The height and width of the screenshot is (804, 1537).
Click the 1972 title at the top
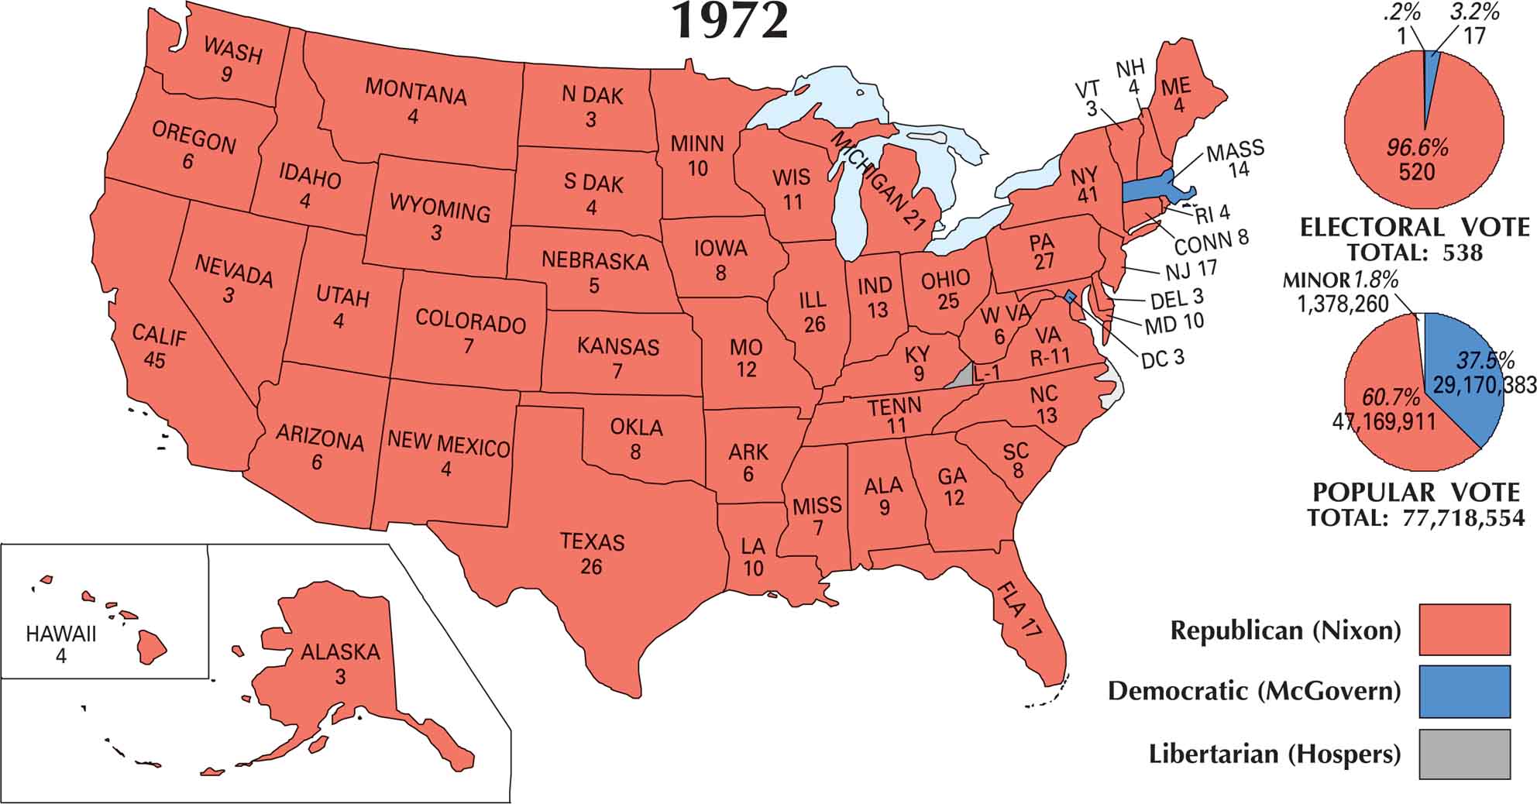pos(731,21)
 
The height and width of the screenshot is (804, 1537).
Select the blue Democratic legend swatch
pos(1464,691)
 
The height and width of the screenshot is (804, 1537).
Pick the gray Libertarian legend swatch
pos(1464,754)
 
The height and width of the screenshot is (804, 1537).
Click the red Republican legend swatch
pos(1464,629)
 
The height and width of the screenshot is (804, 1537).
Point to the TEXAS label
pos(592,542)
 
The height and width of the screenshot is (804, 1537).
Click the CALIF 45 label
pos(158,346)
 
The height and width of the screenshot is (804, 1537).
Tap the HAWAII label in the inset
pos(61,634)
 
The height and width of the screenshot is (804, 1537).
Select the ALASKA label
pos(340,652)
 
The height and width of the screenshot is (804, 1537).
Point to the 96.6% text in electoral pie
pos(1417,147)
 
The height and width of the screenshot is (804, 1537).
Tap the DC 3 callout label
pos(1162,359)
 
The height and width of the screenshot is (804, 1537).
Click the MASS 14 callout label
pos(1235,157)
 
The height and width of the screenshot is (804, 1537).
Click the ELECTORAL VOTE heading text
pos(1415,228)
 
